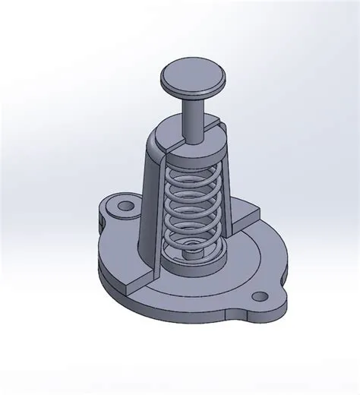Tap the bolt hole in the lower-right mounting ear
pos(261,296)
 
